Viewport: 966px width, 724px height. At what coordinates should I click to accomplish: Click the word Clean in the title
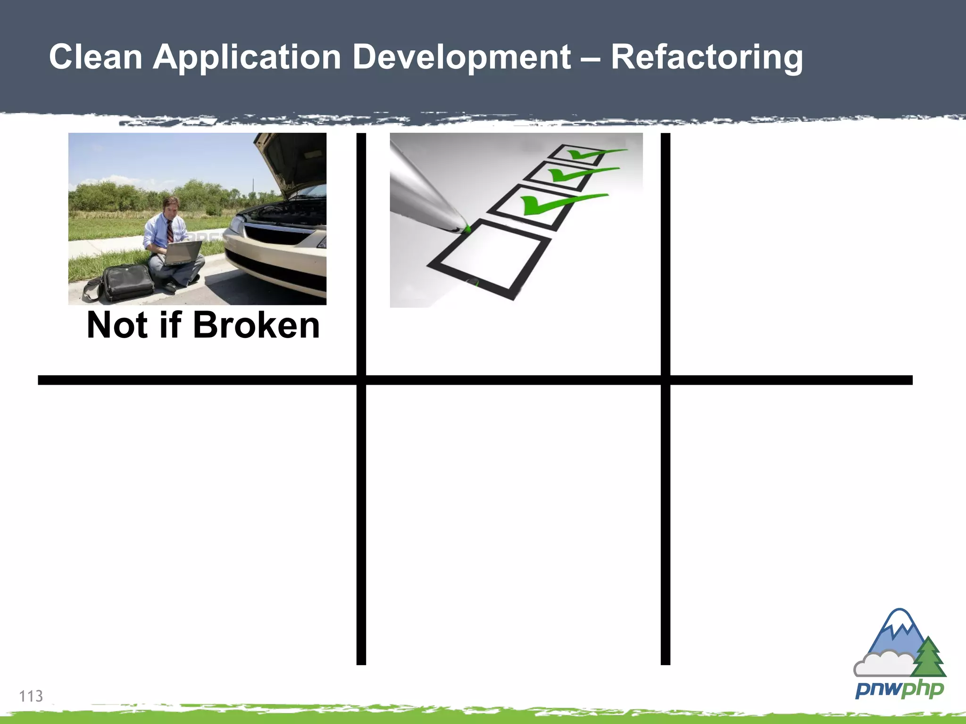point(95,57)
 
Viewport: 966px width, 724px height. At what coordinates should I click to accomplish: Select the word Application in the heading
point(247,57)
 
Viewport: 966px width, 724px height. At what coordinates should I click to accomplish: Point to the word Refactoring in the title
point(707,57)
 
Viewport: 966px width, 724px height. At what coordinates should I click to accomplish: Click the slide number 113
point(31,696)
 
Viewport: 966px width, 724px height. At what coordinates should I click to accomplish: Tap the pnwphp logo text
point(899,690)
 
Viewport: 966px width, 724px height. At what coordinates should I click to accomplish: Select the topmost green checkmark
point(590,154)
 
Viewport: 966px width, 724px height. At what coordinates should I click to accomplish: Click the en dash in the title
point(591,58)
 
